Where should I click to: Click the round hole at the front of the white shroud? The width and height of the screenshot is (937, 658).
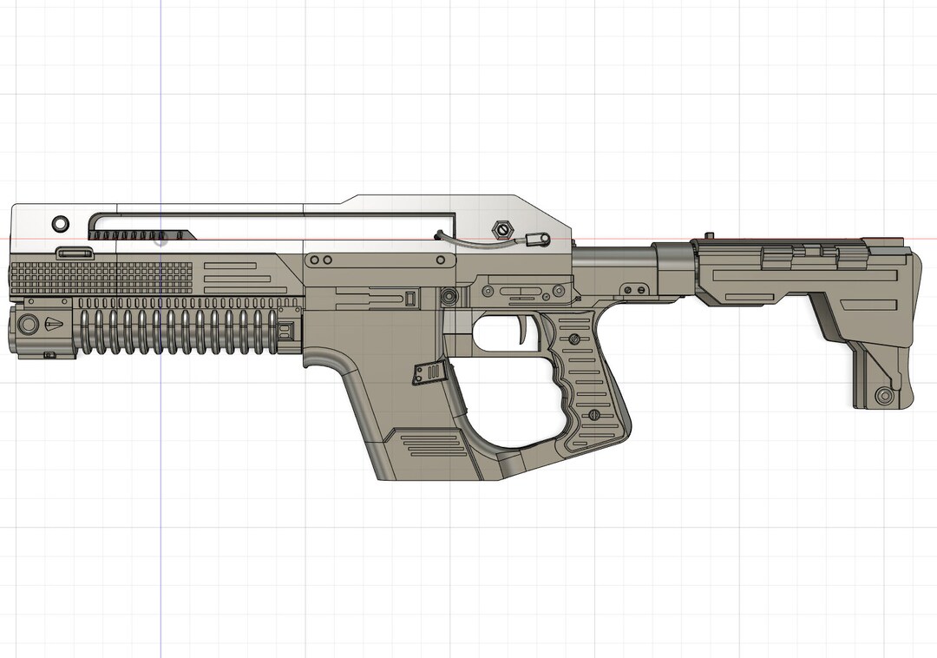60,222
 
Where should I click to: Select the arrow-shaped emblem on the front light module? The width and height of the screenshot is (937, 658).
53,324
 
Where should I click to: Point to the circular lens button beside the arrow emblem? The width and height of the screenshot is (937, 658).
29,324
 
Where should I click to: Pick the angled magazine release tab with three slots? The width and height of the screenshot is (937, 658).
429,374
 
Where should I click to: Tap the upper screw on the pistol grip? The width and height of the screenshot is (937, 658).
574,339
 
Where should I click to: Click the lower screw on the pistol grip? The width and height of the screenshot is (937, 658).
594,415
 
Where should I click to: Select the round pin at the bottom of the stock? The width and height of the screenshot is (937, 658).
884,396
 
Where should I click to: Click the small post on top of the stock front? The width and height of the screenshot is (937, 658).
709,235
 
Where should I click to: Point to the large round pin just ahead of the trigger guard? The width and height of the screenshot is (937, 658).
449,297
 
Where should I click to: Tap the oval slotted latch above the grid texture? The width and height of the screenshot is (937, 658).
75,253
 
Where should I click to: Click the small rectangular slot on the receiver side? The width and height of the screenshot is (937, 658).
409,299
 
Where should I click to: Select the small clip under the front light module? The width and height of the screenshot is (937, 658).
49,354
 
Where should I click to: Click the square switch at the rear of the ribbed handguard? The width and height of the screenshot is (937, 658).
285,331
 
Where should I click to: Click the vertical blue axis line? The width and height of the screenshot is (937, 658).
161,521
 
